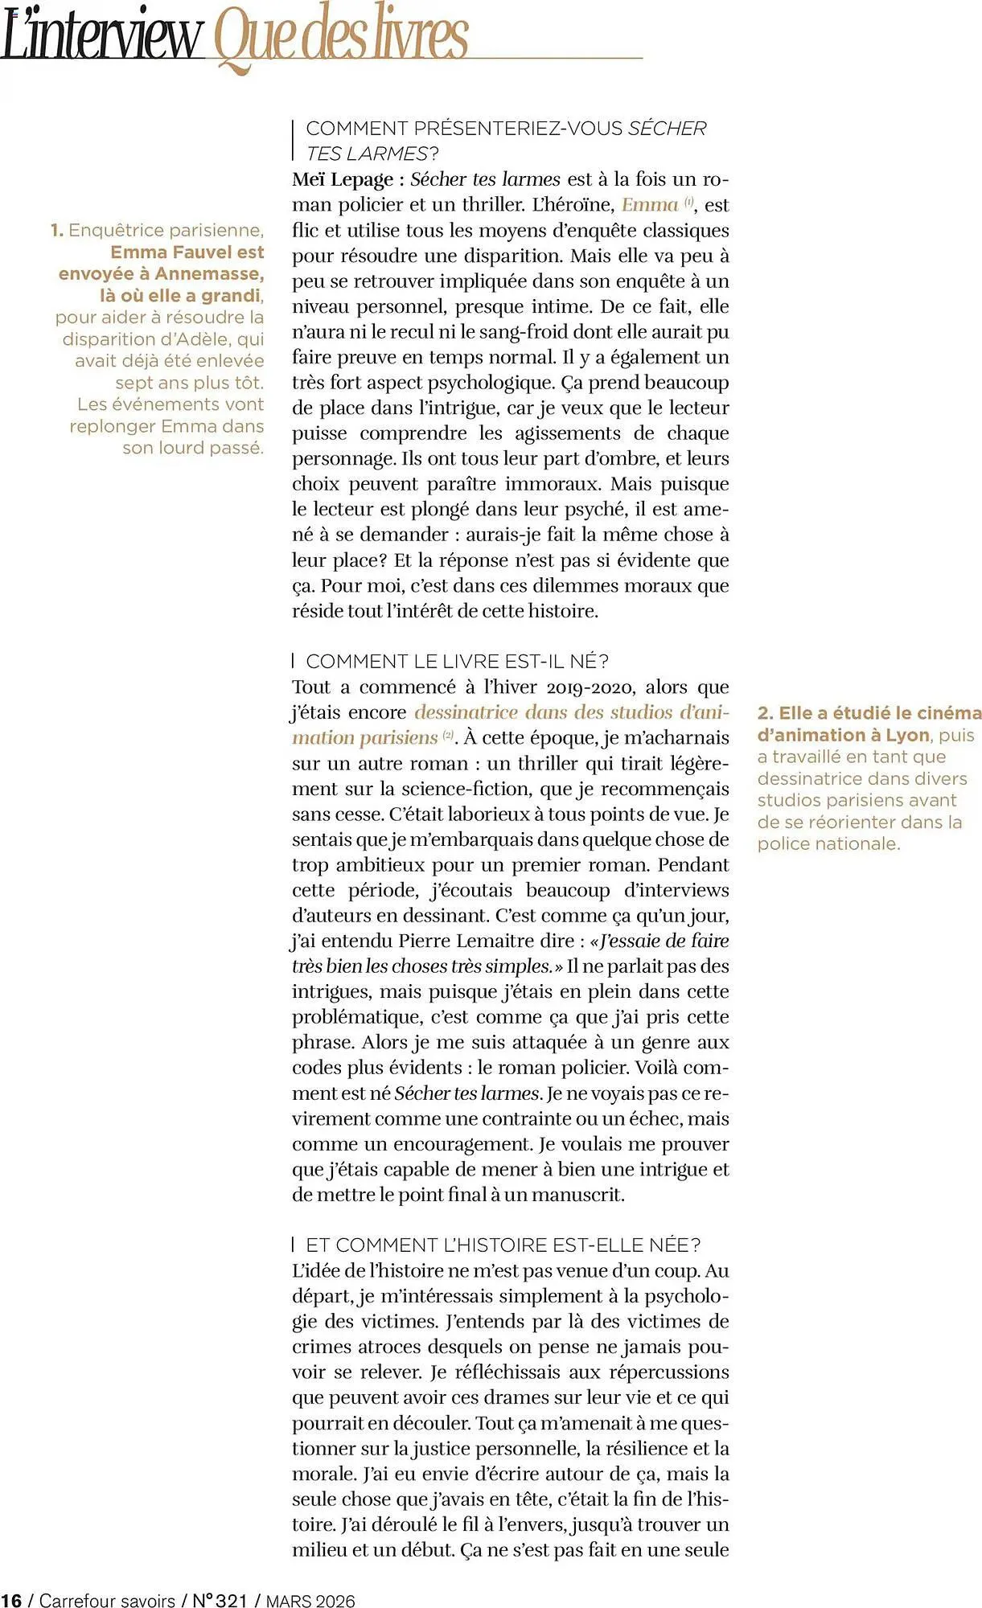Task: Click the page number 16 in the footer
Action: (11, 1600)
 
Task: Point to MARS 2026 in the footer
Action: (310, 1600)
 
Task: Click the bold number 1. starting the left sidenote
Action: (57, 231)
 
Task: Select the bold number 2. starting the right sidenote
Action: (765, 713)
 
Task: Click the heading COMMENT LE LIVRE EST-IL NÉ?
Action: (457, 661)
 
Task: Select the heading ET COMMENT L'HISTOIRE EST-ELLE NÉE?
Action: (503, 1245)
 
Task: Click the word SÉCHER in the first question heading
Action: (667, 129)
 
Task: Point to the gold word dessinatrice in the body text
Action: (466, 712)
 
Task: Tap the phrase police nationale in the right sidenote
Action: (828, 843)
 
